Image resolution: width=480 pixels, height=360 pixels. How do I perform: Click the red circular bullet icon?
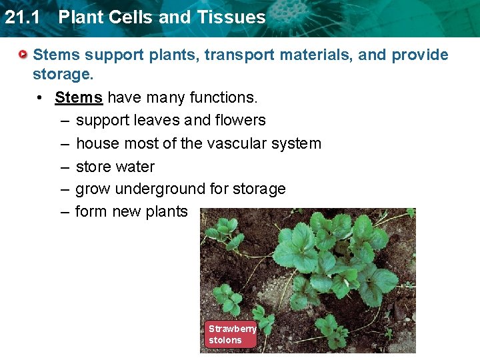tap(23, 54)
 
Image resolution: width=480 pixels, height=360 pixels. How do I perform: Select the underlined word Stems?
tap(79, 97)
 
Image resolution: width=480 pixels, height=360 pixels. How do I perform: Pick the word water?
tap(135, 167)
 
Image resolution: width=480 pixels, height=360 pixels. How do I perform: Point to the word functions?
tap(223, 97)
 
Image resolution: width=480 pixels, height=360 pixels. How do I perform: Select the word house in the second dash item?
tap(95, 143)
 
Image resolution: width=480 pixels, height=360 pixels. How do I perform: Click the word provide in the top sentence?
tap(420, 55)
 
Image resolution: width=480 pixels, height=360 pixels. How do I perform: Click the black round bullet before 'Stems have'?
tap(41, 97)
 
